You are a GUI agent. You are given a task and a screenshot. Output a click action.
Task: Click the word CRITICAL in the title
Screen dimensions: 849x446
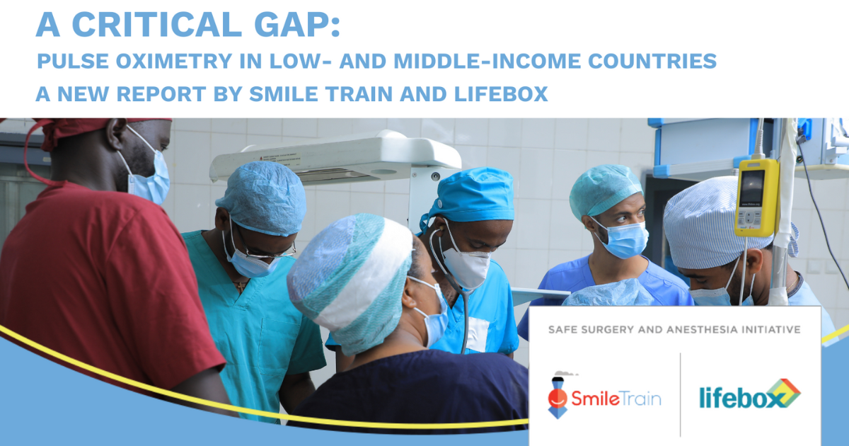[x=156, y=25]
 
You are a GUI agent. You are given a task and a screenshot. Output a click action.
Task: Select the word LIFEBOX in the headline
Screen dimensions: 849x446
[x=501, y=93]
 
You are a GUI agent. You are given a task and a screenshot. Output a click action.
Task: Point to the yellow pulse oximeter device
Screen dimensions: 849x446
[x=757, y=198]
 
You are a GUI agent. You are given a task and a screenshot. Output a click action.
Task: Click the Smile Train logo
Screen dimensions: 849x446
[x=604, y=396]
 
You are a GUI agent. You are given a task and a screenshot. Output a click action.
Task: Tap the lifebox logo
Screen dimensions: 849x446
[x=750, y=394]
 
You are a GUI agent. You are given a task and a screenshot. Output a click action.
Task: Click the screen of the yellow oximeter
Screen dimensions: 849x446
[x=753, y=188]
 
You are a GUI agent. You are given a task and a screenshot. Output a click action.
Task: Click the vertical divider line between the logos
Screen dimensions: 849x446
[x=681, y=395]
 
